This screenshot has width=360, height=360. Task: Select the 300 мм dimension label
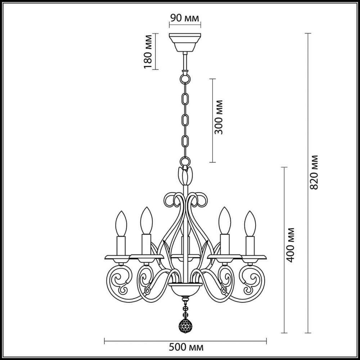tap(220, 117)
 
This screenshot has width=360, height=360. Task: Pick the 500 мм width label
tap(186, 347)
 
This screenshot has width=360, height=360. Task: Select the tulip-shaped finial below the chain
tap(185, 175)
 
